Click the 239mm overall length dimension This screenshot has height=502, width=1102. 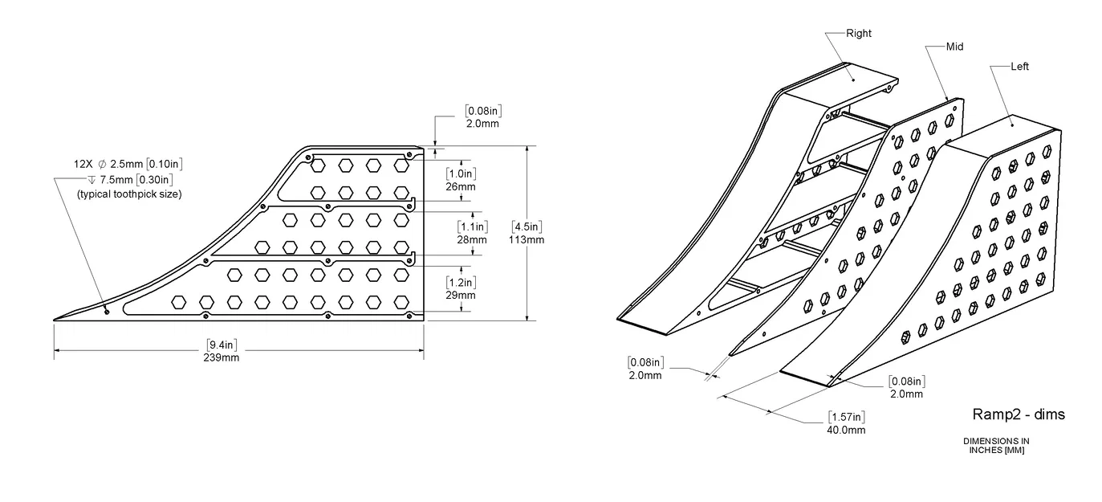pyautogui.click(x=222, y=357)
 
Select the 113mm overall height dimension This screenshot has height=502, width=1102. pyautogui.click(x=527, y=239)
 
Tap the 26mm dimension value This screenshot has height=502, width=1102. pyautogui.click(x=461, y=186)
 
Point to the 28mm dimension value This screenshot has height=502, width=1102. pyautogui.click(x=472, y=239)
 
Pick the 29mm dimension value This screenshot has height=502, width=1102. pyautogui.click(x=461, y=295)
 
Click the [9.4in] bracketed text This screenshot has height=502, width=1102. pyautogui.click(x=222, y=346)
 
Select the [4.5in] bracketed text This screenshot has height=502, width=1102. pyautogui.click(x=527, y=227)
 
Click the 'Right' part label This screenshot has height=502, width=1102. pyautogui.click(x=858, y=34)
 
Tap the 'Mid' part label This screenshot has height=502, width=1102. pyautogui.click(x=954, y=47)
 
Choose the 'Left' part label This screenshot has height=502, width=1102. pyautogui.click(x=1019, y=67)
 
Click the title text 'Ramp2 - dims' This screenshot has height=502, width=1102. pyautogui.click(x=1019, y=414)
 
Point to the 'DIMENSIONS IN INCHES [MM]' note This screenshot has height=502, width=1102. pyautogui.click(x=996, y=446)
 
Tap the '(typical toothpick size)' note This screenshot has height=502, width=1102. pyautogui.click(x=129, y=194)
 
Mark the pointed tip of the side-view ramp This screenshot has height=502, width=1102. pyautogui.click(x=55, y=320)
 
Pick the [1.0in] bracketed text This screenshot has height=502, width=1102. pyautogui.click(x=461, y=173)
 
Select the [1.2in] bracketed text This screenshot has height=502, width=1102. pyautogui.click(x=461, y=282)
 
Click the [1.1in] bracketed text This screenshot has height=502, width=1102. pyautogui.click(x=472, y=227)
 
